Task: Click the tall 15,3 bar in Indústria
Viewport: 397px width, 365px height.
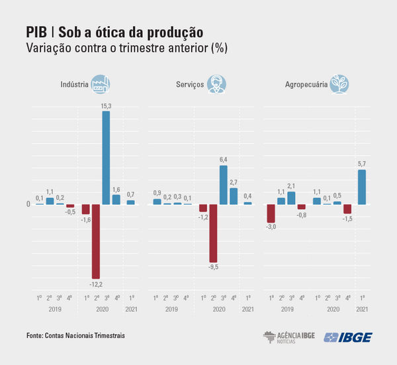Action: click(x=106, y=157)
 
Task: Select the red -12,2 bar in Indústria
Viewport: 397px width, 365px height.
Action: click(x=96, y=241)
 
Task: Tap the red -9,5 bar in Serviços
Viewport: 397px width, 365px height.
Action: click(x=213, y=233)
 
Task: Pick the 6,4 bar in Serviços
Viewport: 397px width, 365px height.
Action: click(x=224, y=184)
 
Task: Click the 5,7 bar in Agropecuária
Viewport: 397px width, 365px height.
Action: click(x=362, y=187)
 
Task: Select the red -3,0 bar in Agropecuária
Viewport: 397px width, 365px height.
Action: click(x=271, y=213)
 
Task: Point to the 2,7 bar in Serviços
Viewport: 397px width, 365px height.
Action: click(x=234, y=195)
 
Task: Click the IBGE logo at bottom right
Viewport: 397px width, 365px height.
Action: click(x=348, y=337)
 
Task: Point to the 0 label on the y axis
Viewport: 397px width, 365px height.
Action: click(x=28, y=204)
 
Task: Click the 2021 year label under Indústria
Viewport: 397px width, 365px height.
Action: click(x=131, y=309)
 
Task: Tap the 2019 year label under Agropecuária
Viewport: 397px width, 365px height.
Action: click(x=287, y=309)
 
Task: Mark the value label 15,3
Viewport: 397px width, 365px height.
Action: click(x=106, y=106)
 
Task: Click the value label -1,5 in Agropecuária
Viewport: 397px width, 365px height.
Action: click(x=347, y=219)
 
